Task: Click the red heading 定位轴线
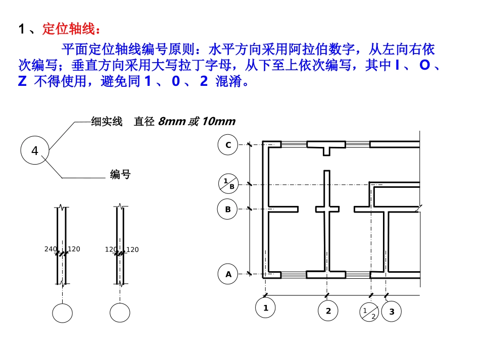[68, 29]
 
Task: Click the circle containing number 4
[35, 150]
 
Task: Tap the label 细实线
[107, 122]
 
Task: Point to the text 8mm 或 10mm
[197, 122]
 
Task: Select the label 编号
[120, 175]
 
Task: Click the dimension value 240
[51, 249]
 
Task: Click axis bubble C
[228, 145]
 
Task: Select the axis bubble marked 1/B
[228, 184]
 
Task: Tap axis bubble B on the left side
[228, 209]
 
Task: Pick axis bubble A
[228, 274]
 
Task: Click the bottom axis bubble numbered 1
[265, 307]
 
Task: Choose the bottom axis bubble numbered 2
[328, 311]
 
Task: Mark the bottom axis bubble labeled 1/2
[369, 312]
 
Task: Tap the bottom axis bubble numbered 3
[392, 312]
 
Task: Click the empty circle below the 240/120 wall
[63, 313]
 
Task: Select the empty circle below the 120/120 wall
[120, 313]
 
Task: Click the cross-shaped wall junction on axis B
[327, 209]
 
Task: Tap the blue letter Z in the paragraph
[22, 82]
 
